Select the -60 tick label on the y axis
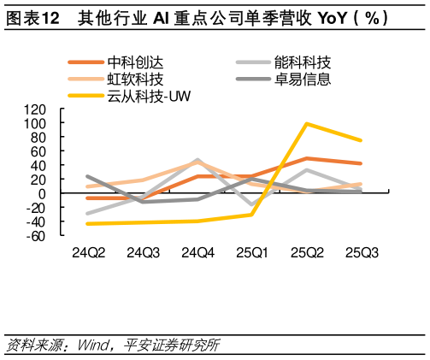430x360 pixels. coord(33,236)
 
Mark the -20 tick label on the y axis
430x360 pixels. coord(33,208)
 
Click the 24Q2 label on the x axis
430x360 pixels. coord(88,253)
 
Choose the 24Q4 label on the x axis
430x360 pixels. coord(197,253)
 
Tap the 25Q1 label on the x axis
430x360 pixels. coord(252,253)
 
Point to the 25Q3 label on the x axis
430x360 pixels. coord(362,253)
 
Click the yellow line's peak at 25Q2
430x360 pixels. coord(307,123)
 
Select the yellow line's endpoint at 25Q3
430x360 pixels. coord(362,140)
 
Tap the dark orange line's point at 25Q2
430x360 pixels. coord(307,158)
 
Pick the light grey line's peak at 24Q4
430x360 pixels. coord(197,160)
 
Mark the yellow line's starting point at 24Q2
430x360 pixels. coord(88,224)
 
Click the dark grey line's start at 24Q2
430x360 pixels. coord(88,176)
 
